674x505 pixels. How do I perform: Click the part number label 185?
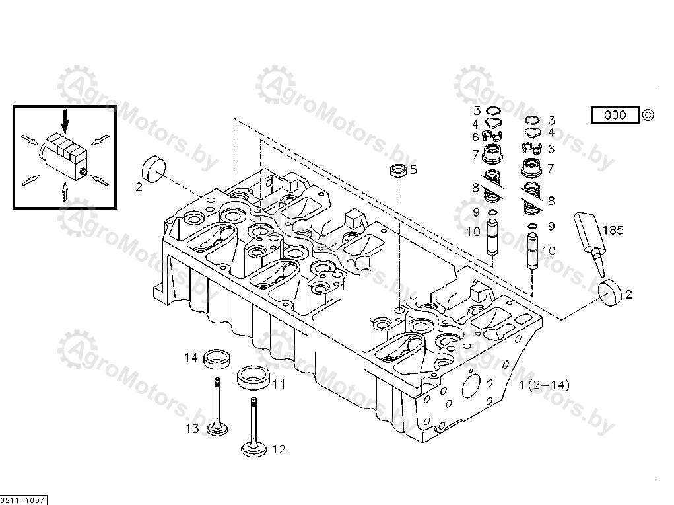click(x=613, y=230)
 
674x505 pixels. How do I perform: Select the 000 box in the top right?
click(x=615, y=115)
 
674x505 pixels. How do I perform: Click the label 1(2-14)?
click(x=544, y=385)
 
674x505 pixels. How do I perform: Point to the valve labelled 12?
click(x=253, y=427)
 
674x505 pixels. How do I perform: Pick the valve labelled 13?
click(x=217, y=407)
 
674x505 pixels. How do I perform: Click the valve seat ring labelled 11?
click(x=254, y=377)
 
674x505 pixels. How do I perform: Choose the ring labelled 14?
click(x=217, y=360)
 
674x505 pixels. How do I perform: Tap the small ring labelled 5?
click(x=398, y=170)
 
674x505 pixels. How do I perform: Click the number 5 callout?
click(x=413, y=170)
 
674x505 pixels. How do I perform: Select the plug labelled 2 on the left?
click(x=153, y=170)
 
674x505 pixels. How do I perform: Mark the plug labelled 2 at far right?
click(x=611, y=293)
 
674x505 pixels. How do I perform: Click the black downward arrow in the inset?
click(x=65, y=120)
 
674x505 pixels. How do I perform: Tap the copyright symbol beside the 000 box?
click(x=648, y=115)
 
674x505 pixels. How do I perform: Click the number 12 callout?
click(x=279, y=449)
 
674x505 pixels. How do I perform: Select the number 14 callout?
click(x=191, y=358)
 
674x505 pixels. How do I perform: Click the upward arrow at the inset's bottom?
click(x=65, y=192)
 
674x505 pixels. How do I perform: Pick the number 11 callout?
click(x=279, y=384)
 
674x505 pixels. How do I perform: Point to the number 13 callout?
click(x=193, y=429)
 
